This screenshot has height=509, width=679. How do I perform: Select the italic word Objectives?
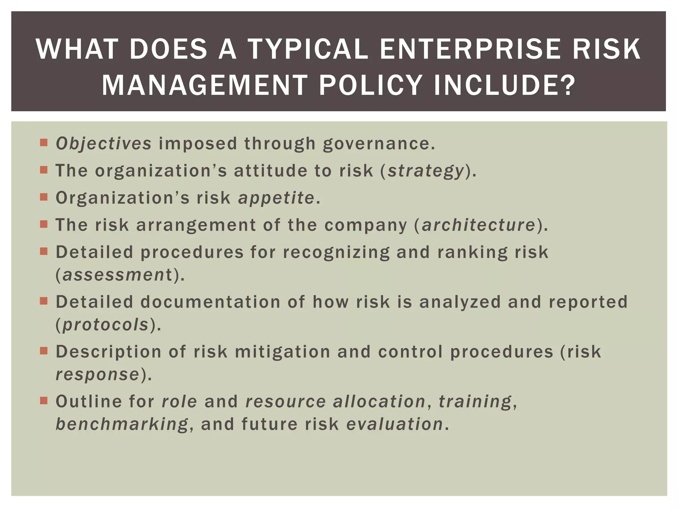(103, 144)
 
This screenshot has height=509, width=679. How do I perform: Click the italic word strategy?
(426, 171)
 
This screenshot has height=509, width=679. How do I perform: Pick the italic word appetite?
(276, 198)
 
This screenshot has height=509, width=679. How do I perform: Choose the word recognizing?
(336, 253)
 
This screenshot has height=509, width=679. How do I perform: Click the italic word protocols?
(105, 324)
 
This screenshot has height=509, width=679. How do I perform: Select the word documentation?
(210, 302)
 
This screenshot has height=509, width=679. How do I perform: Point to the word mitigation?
(282, 352)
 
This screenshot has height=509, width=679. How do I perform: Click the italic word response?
(97, 374)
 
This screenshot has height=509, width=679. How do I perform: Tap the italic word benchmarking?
(122, 424)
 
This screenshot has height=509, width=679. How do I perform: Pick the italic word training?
(475, 402)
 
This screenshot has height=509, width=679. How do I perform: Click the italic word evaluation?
(395, 424)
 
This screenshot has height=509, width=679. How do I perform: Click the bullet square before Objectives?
(44, 142)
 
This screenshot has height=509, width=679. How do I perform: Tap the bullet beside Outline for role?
(44, 400)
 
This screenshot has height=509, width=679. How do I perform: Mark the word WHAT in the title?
(77, 49)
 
